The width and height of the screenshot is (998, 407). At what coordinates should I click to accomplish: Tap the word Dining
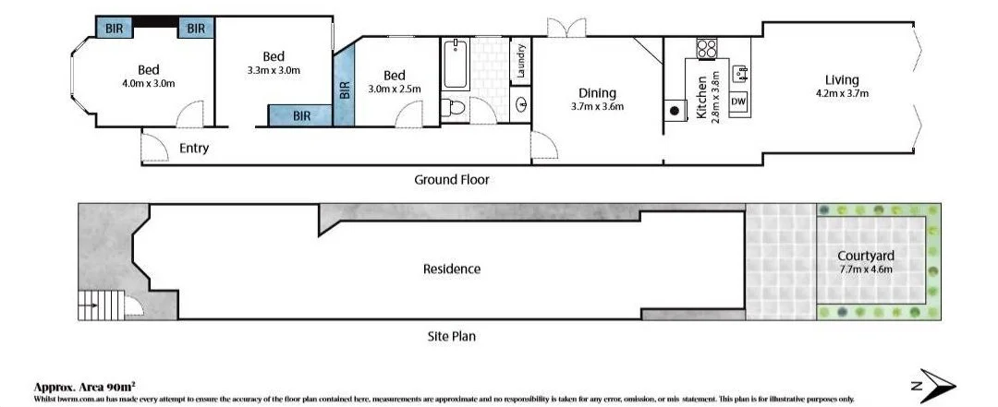[x=597, y=92]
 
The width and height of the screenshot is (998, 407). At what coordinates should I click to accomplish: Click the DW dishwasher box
[x=738, y=101]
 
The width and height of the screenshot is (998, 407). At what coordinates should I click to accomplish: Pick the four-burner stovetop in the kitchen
[x=707, y=48]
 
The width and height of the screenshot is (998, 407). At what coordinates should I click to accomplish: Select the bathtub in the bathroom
[x=456, y=62]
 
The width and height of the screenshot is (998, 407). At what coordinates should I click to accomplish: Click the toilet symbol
[x=454, y=107]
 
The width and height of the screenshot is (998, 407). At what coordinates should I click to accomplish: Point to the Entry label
[x=194, y=148]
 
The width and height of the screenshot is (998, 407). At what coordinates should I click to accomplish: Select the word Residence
[x=452, y=269]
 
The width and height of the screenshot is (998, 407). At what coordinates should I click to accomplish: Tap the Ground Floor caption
[x=451, y=180]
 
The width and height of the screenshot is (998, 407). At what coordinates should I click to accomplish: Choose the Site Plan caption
[x=451, y=337]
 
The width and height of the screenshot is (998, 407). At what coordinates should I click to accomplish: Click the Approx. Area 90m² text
[x=85, y=387]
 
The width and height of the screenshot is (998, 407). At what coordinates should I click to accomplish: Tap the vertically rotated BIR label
[x=345, y=90]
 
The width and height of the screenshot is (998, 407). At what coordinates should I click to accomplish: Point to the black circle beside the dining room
[x=675, y=112]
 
